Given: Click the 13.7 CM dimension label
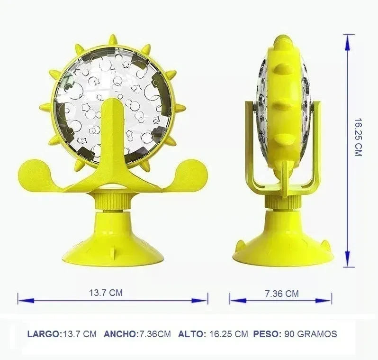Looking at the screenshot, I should [x=106, y=293].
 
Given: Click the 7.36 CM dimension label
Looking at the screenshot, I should [x=281, y=294].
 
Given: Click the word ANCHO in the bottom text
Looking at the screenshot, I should [x=120, y=334].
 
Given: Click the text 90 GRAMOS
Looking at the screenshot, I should [x=311, y=334].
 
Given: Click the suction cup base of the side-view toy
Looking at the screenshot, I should [x=283, y=242].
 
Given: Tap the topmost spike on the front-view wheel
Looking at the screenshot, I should [x=113, y=40].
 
